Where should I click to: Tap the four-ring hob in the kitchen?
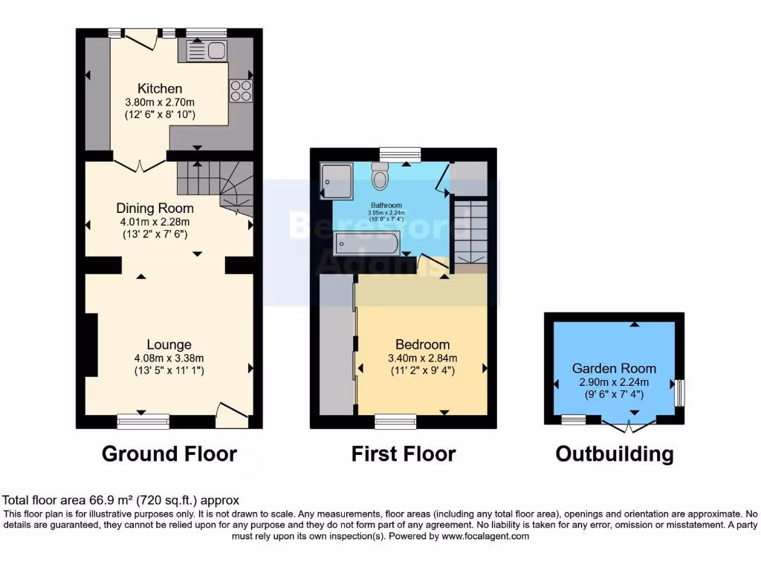tap(239, 91)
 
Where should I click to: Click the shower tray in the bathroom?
tap(337, 182)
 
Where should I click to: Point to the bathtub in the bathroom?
tap(368, 242)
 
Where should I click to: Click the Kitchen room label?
tap(154, 89)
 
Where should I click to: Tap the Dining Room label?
tap(155, 209)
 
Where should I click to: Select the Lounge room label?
tap(169, 344)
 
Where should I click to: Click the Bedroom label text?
tap(422, 344)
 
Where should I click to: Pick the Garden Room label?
tap(614, 368)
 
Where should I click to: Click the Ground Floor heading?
tap(169, 453)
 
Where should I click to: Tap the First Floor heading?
tap(404, 453)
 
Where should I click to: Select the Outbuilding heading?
tap(615, 453)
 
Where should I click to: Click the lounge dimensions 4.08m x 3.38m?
tap(169, 357)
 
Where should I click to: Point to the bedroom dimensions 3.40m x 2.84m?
tap(422, 357)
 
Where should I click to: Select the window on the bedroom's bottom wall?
tap(395, 421)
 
